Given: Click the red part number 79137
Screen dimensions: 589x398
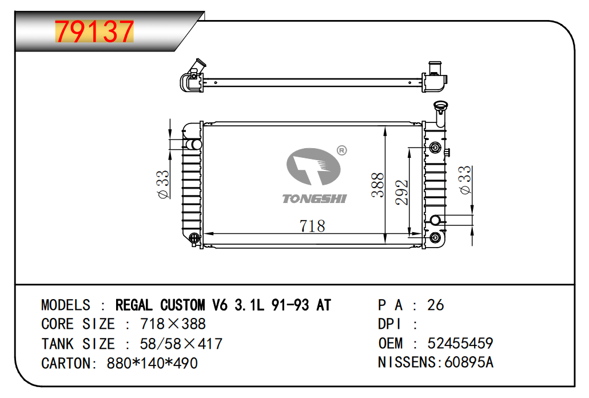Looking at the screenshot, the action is tap(94, 31).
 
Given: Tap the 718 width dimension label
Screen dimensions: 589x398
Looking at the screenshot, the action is tap(312, 226).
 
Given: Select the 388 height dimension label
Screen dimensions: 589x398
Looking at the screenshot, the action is tap(377, 185).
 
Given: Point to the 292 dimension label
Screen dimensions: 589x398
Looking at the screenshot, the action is tap(401, 192).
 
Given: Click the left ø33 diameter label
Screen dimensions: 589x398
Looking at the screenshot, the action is tap(163, 184).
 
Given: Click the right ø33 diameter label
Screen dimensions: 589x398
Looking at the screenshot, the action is tap(465, 180).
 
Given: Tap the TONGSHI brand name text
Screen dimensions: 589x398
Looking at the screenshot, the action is tap(315, 198).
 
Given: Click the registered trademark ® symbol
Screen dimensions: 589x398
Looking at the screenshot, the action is tap(341, 150).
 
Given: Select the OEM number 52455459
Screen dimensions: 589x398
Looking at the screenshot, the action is tap(460, 343).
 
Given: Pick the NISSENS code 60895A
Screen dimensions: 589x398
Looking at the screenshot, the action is tap(469, 363).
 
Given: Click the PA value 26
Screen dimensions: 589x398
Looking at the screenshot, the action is tap(435, 305).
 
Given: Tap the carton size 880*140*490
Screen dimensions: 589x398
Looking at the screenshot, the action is tap(152, 363).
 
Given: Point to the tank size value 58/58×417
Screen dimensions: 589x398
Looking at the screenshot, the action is tap(181, 344).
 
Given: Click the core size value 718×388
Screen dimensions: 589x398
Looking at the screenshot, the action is tap(173, 324).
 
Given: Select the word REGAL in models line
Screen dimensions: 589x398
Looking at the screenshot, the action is tap(134, 305).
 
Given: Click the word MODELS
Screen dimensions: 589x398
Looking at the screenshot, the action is tap(66, 305).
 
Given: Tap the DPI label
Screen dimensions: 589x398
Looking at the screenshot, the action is tap(389, 324).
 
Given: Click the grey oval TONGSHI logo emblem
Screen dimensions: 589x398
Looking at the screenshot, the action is tap(313, 167).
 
